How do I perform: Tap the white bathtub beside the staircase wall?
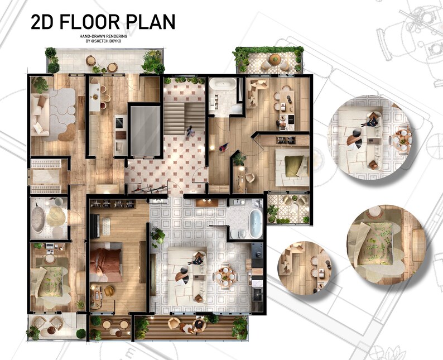[x=223, y=85]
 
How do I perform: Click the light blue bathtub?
[x=255, y=222]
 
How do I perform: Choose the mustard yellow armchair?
[x=109, y=291]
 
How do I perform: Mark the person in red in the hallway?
[x=224, y=147]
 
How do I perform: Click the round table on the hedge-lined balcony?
[x=274, y=59]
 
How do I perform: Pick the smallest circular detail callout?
[x=305, y=266]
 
